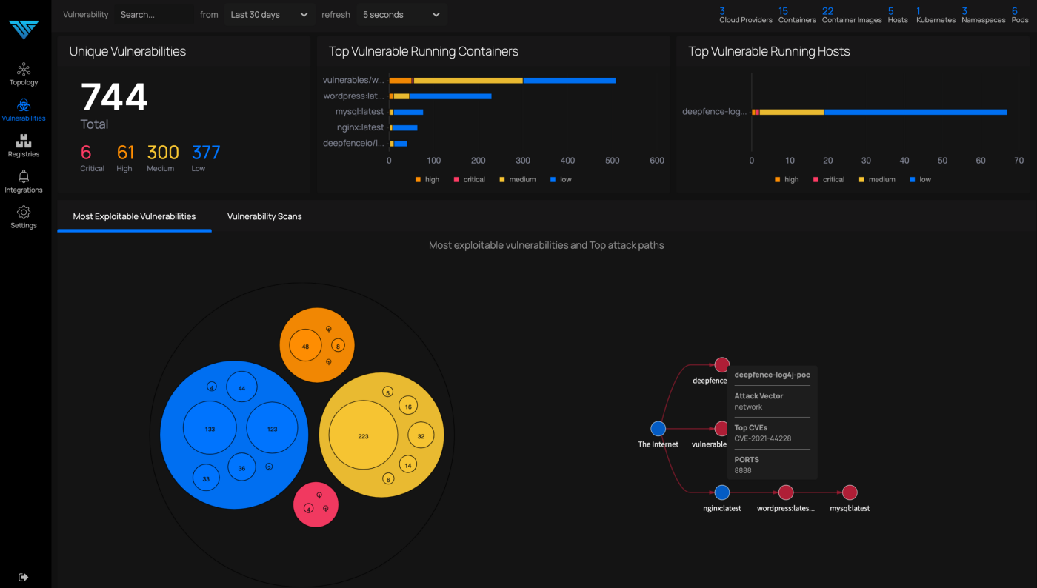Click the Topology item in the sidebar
pyautogui.click(x=24, y=74)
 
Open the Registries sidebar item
pyautogui.click(x=24, y=145)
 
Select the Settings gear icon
pyautogui.click(x=24, y=213)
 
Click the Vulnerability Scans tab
pyautogui.click(x=264, y=216)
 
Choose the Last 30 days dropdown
pyautogui.click(x=269, y=15)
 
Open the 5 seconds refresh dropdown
pyautogui.click(x=401, y=15)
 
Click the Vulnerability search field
pyautogui.click(x=154, y=15)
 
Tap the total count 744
pyautogui.click(x=114, y=98)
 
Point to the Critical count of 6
pyautogui.click(x=86, y=153)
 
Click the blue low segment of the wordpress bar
pyautogui.click(x=450, y=96)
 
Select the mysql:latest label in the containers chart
pyautogui.click(x=360, y=112)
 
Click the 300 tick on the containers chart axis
pyautogui.click(x=523, y=161)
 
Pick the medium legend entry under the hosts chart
pyautogui.click(x=877, y=179)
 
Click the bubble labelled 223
pyautogui.click(x=363, y=436)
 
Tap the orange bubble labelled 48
pyautogui.click(x=305, y=346)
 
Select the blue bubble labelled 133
pyautogui.click(x=210, y=429)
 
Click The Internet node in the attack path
pyautogui.click(x=658, y=429)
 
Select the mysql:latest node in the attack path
pyautogui.click(x=850, y=492)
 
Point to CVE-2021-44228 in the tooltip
pyautogui.click(x=762, y=438)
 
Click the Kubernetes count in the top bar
pyautogui.click(x=936, y=15)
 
